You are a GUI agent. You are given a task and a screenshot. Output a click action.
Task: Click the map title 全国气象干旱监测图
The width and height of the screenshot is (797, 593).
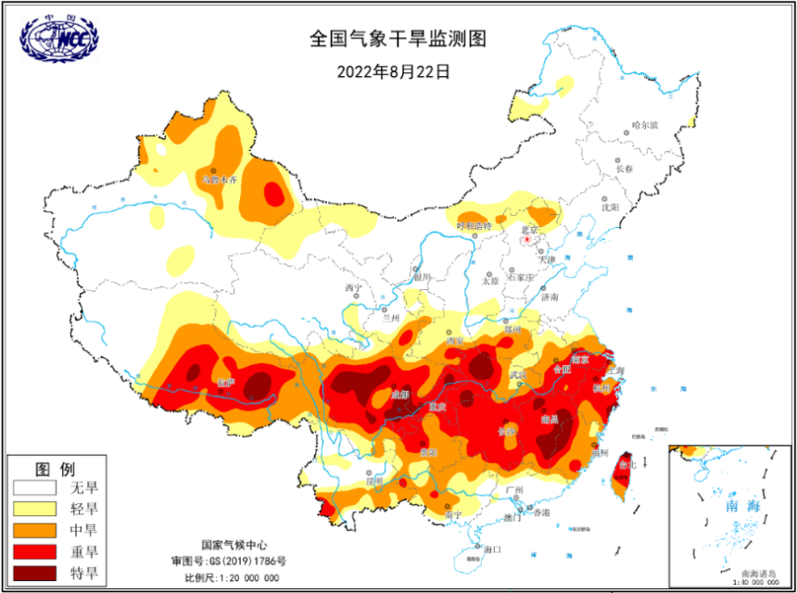coord(398,39)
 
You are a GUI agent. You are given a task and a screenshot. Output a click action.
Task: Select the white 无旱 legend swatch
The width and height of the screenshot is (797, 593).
coord(36,487)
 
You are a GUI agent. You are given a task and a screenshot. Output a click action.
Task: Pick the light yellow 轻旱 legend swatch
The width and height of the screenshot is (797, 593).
coord(36,509)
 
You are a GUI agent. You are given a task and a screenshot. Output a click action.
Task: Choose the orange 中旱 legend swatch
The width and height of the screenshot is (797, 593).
coord(36,530)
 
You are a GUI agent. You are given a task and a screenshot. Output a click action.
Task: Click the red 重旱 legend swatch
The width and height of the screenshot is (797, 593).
coord(36,551)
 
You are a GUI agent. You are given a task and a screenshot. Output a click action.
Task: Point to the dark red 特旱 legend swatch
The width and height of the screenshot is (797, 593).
coord(36,573)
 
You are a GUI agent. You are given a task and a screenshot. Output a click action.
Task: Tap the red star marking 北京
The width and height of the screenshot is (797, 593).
coord(527,239)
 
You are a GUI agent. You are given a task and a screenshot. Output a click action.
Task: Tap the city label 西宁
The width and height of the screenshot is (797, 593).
coord(352,288)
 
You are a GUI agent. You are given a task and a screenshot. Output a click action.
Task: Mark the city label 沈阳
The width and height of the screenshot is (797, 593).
coord(609,208)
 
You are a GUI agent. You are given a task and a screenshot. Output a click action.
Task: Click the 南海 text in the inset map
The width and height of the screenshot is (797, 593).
coord(717,508)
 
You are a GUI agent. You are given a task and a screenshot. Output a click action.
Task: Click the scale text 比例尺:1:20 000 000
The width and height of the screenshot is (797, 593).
coord(232,577)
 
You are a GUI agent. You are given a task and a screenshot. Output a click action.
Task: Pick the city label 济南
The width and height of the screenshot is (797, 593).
coord(550,297)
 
